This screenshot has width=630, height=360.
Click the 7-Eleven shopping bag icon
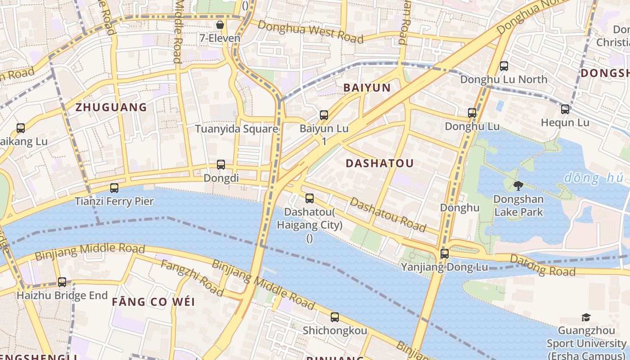click(220, 25)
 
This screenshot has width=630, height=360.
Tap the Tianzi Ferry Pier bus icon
click(114, 188)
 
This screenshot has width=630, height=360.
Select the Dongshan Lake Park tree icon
click(518, 185)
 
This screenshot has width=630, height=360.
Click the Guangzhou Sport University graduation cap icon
click(585, 318)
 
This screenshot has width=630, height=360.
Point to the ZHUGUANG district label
click(111, 107)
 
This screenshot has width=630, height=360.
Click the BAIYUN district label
click(367, 88)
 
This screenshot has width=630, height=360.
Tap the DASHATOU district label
click(379, 163)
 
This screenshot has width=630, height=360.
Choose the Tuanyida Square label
click(236, 129)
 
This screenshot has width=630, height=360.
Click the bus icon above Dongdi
click(221, 165)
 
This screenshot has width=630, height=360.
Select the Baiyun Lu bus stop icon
click(324, 115)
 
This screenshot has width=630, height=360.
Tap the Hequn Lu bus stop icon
click(565, 109)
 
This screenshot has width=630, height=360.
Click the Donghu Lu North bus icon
click(504, 66)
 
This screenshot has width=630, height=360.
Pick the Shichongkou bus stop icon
click(334, 317)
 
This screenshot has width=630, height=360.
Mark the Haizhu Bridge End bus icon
click(62, 282)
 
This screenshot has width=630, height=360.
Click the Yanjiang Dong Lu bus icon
click(445, 254)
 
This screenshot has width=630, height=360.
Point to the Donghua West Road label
click(310, 32)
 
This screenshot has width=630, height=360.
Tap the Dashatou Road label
click(387, 215)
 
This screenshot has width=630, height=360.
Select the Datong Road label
click(542, 265)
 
